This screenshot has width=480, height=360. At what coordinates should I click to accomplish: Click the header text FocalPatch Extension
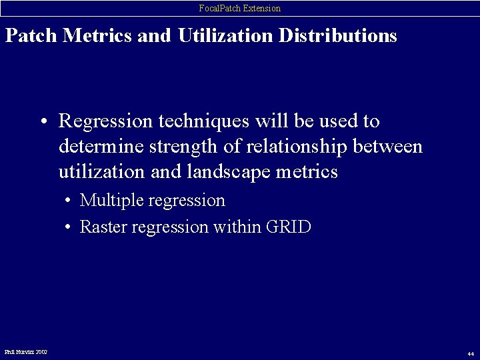click(240, 8)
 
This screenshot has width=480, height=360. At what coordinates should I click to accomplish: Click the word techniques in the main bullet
click(197, 121)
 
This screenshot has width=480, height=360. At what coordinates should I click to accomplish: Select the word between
click(389, 147)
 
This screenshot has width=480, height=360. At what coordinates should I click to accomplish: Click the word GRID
click(288, 227)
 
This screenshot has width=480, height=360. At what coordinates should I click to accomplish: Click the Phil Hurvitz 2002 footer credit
click(26, 351)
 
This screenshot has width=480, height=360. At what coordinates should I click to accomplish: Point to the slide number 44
click(470, 353)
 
